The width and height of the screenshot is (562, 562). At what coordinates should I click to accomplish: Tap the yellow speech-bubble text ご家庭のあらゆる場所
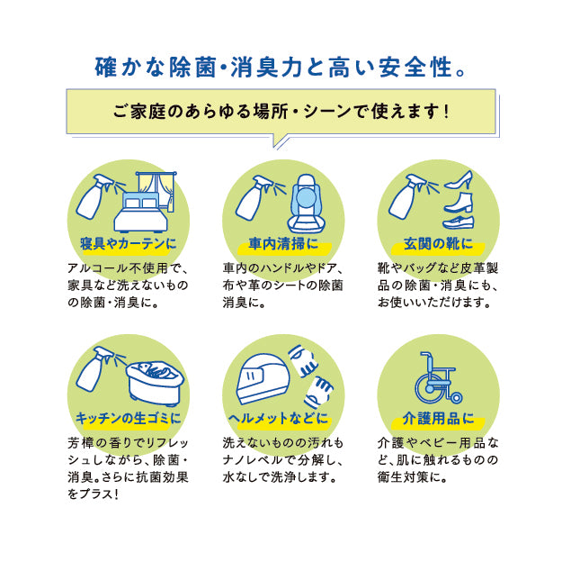click(201, 112)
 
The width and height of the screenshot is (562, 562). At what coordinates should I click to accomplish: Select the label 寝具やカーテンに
click(129, 243)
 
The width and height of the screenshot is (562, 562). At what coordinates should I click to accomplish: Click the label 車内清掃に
click(283, 243)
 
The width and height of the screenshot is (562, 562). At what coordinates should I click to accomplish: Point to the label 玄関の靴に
click(438, 243)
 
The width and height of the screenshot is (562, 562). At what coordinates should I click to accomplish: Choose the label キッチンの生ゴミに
click(129, 419)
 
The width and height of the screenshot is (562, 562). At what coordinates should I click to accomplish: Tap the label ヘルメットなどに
click(279, 419)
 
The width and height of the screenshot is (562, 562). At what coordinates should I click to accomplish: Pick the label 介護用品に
click(438, 419)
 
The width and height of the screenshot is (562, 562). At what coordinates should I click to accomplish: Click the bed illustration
click(140, 213)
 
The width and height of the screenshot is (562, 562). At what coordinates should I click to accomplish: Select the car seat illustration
click(306, 204)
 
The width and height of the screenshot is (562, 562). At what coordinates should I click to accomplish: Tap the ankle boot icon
click(459, 203)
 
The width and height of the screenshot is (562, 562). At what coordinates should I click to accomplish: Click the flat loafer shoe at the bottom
click(459, 222)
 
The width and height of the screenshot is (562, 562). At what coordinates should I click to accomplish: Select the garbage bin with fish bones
click(155, 383)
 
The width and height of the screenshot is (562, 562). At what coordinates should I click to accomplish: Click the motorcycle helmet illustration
click(263, 380)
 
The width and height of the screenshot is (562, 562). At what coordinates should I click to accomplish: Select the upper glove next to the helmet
click(303, 360)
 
